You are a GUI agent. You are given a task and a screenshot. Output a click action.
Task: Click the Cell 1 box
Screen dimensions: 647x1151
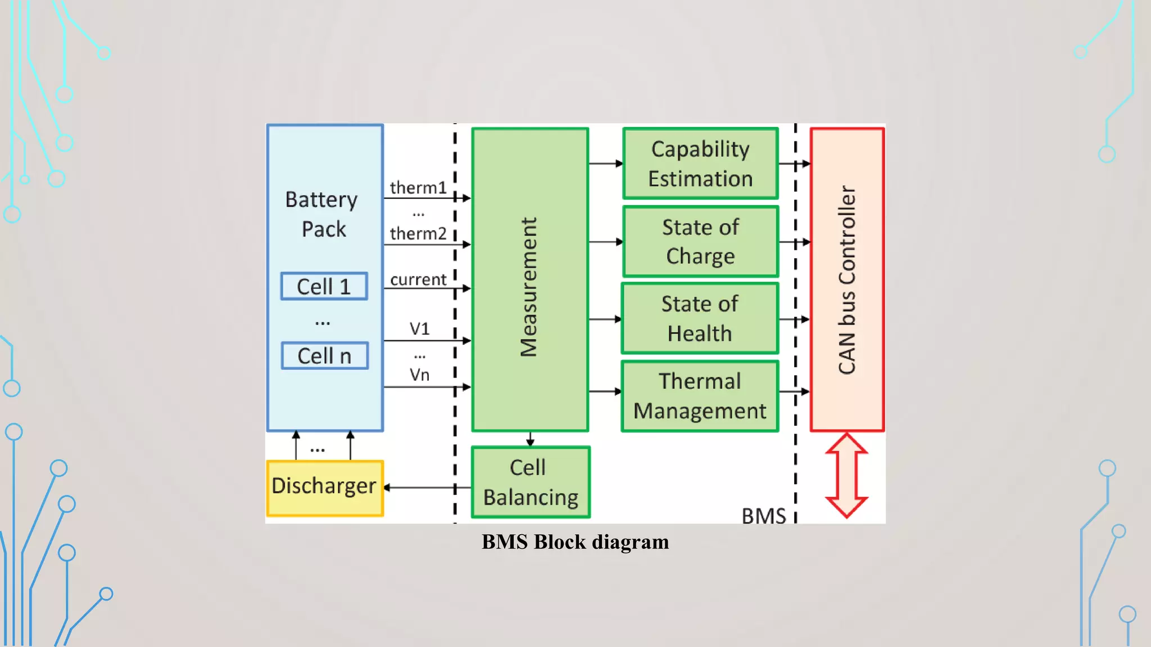[324, 286]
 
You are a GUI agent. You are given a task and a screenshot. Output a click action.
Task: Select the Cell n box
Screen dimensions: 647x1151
[324, 356]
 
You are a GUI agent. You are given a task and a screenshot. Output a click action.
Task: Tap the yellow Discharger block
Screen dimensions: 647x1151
[324, 487]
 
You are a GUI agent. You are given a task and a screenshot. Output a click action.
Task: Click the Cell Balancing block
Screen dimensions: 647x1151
[531, 482]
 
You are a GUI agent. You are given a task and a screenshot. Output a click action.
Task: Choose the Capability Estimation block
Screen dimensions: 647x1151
[700, 163]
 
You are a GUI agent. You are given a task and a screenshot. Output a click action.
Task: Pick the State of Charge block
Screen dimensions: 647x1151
[700, 242]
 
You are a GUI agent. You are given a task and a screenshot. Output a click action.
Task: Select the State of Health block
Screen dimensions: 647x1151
[700, 318]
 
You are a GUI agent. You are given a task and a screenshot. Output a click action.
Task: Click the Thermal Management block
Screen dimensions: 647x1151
[700, 396]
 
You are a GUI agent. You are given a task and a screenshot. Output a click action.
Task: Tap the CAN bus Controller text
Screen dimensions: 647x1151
[847, 280]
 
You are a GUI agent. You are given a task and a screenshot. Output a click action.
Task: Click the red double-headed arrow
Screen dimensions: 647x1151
[846, 475]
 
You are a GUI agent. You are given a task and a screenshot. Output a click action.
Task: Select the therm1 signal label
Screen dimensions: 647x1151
[418, 188]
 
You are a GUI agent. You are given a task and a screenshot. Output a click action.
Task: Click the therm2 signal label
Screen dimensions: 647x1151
[418, 234]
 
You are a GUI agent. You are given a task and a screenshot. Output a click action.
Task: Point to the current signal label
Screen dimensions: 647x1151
[418, 280]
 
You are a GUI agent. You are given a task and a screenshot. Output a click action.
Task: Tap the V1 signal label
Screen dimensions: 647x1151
[419, 329]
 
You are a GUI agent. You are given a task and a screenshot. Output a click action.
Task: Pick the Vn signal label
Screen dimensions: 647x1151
[419, 375]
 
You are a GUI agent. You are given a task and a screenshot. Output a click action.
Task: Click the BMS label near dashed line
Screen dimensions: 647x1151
[763, 516]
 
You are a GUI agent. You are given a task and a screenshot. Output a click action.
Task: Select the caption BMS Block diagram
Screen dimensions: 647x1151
[575, 542]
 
